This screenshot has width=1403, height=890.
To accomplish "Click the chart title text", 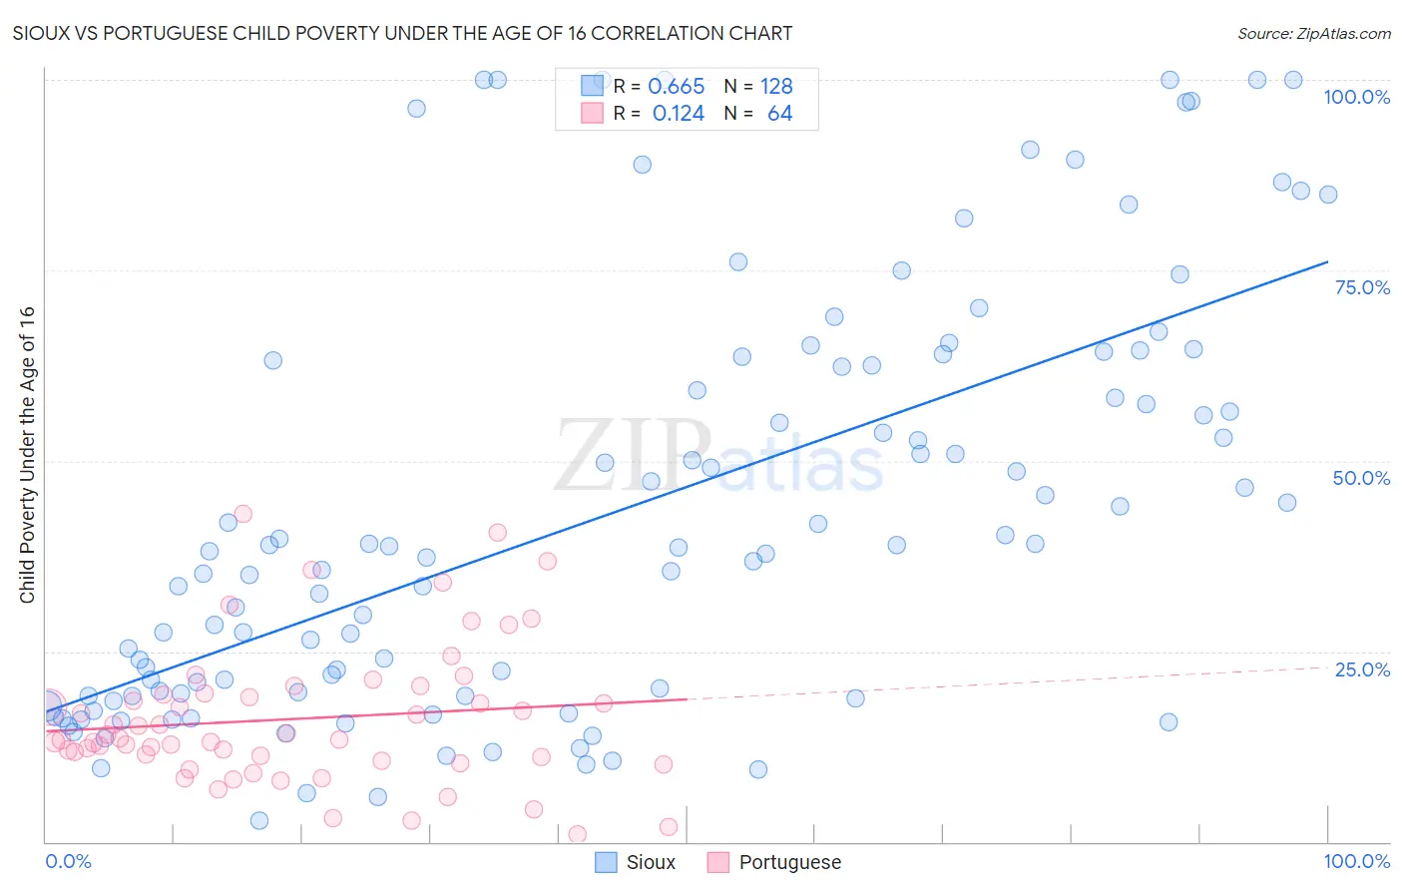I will coord(402,33).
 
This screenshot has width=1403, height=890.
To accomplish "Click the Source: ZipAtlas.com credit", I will coord(1313,33).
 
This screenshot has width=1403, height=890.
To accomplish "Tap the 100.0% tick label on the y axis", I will coord(1356,97).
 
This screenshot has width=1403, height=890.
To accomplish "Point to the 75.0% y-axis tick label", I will coord(1362,287).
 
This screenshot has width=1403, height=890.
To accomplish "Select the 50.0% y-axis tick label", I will coord(1361,478).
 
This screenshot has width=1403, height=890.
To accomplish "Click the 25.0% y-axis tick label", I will coord(1362,669).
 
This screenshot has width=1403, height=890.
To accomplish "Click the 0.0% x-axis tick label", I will coord(68,861).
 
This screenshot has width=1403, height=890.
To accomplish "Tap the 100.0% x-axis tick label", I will coord(1356,861).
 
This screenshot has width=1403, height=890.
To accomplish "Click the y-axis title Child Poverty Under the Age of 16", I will coord(27,455).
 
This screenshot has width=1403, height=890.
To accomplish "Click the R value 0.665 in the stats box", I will coord(676,87).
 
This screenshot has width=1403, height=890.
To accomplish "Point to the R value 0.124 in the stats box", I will coord(678,114).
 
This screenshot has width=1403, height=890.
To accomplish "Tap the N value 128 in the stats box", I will coord(776,87).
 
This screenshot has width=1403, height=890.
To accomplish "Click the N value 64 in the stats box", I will coord(779,114).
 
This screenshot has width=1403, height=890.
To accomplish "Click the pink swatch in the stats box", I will coord(592,113).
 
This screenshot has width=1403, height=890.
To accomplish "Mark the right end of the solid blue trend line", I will coord(1327,261).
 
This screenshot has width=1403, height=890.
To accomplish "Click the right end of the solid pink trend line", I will coord(687,699).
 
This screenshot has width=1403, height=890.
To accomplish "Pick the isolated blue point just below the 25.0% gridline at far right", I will coord(1169,722).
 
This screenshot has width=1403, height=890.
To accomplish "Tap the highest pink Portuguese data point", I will coord(242,514).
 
